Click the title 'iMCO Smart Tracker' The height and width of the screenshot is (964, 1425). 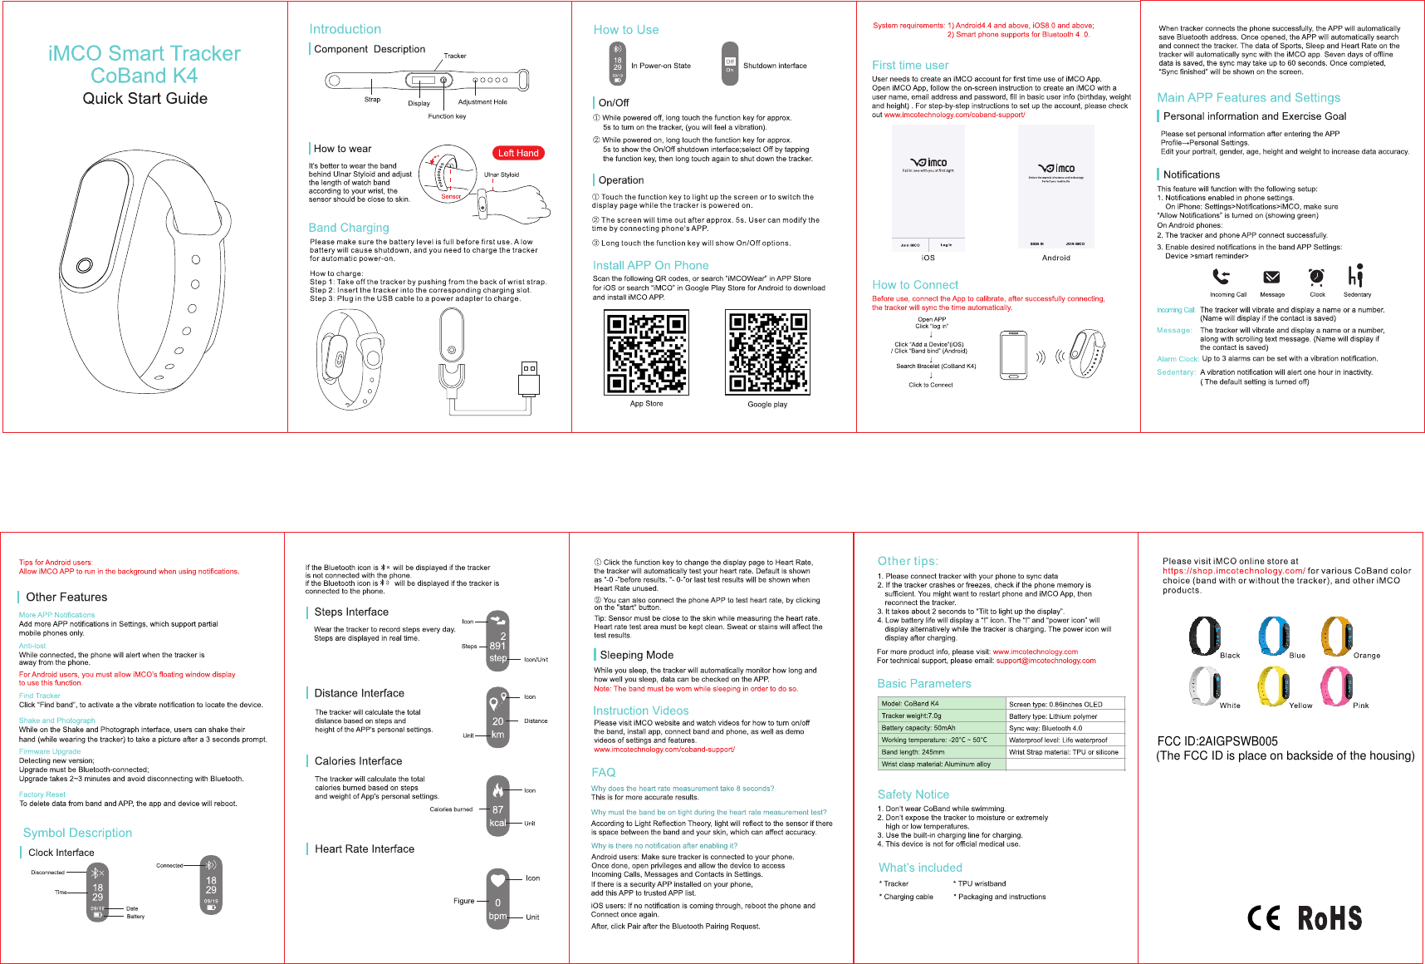point(144,54)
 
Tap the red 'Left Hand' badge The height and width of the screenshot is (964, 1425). point(518,153)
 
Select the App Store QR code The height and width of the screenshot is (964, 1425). point(647,352)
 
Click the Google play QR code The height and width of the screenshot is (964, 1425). point(767,352)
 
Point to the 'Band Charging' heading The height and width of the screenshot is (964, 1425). point(349,228)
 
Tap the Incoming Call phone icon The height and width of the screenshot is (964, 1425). point(1221,277)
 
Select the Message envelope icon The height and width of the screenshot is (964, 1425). point(1271,278)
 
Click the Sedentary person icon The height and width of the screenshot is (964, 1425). point(1355,276)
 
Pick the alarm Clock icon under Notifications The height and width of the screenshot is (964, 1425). point(1316,277)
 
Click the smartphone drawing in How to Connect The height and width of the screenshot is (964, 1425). point(1013,355)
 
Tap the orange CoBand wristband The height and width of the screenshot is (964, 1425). point(1336,637)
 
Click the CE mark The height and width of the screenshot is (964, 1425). point(1264,917)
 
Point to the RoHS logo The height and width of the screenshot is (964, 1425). point(1329,918)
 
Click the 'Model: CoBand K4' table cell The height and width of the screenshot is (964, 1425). point(942,703)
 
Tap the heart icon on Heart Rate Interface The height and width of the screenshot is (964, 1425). point(497,879)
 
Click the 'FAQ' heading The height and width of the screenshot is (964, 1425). point(604,772)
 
